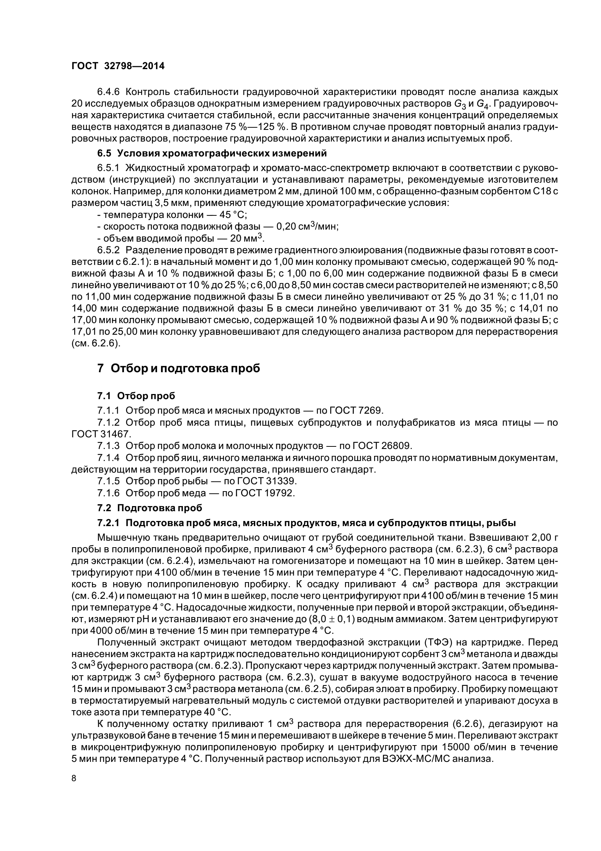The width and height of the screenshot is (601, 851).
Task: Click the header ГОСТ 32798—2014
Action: (x=118, y=66)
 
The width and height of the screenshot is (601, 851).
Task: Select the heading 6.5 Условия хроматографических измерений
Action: (x=212, y=153)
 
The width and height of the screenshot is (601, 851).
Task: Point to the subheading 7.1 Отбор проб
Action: (x=136, y=396)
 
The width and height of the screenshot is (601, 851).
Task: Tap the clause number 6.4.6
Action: (x=108, y=92)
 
